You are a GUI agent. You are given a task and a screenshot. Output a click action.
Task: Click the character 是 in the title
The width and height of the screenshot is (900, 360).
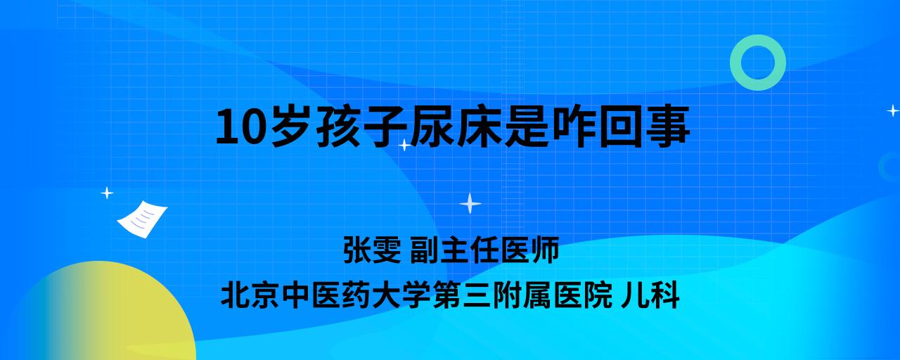(x=527, y=127)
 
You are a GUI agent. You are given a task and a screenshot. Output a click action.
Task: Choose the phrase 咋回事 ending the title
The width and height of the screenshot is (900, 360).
(x=621, y=127)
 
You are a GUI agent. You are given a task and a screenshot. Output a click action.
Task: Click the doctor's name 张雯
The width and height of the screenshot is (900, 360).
(x=372, y=250)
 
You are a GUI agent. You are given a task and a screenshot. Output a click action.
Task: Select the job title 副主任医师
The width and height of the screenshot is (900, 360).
(x=484, y=250)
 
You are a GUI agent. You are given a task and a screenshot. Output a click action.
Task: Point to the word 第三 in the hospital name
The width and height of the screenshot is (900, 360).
(x=461, y=296)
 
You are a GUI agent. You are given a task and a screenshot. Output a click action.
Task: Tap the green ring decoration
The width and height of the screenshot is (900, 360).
(x=735, y=63)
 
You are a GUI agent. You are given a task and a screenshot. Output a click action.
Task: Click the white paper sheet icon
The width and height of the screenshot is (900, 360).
(x=142, y=219)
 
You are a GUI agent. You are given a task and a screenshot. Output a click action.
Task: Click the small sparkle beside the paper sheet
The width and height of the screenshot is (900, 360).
(x=107, y=193)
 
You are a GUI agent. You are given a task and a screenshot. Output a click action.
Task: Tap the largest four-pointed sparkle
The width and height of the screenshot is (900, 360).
(x=470, y=203)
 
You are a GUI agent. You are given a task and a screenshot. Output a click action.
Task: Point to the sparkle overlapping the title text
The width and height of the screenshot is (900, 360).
(x=404, y=145)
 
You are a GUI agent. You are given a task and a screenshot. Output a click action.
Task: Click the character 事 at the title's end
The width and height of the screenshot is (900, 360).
(x=668, y=127)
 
